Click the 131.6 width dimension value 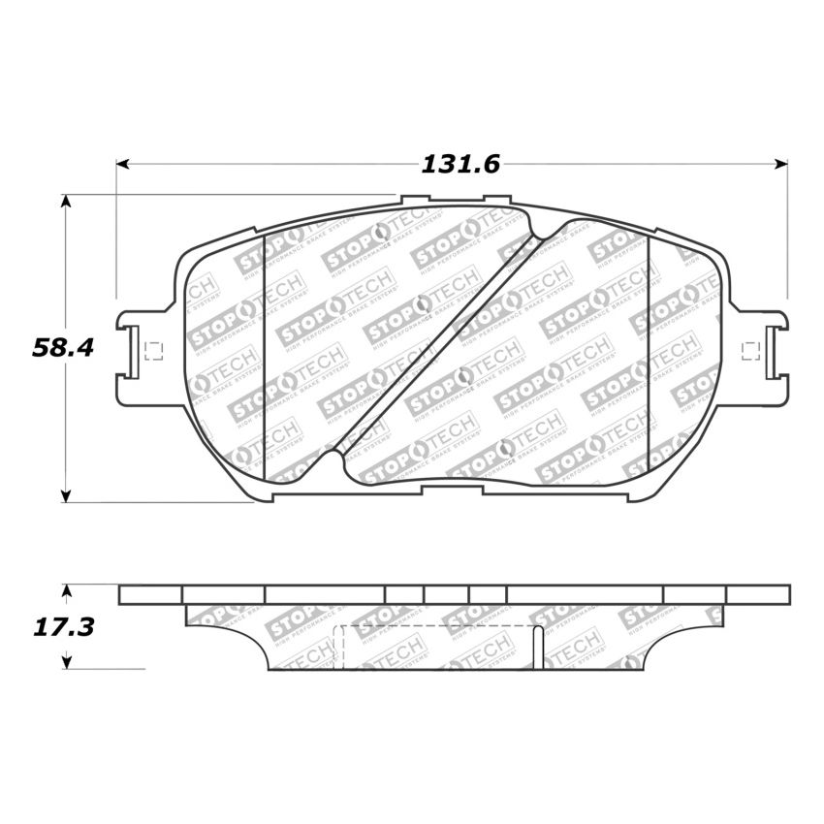point(460,165)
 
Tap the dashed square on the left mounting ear point(151,352)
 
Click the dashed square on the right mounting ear point(749,350)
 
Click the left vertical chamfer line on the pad point(265,356)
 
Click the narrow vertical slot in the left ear point(131,352)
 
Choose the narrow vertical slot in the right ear point(771,350)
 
